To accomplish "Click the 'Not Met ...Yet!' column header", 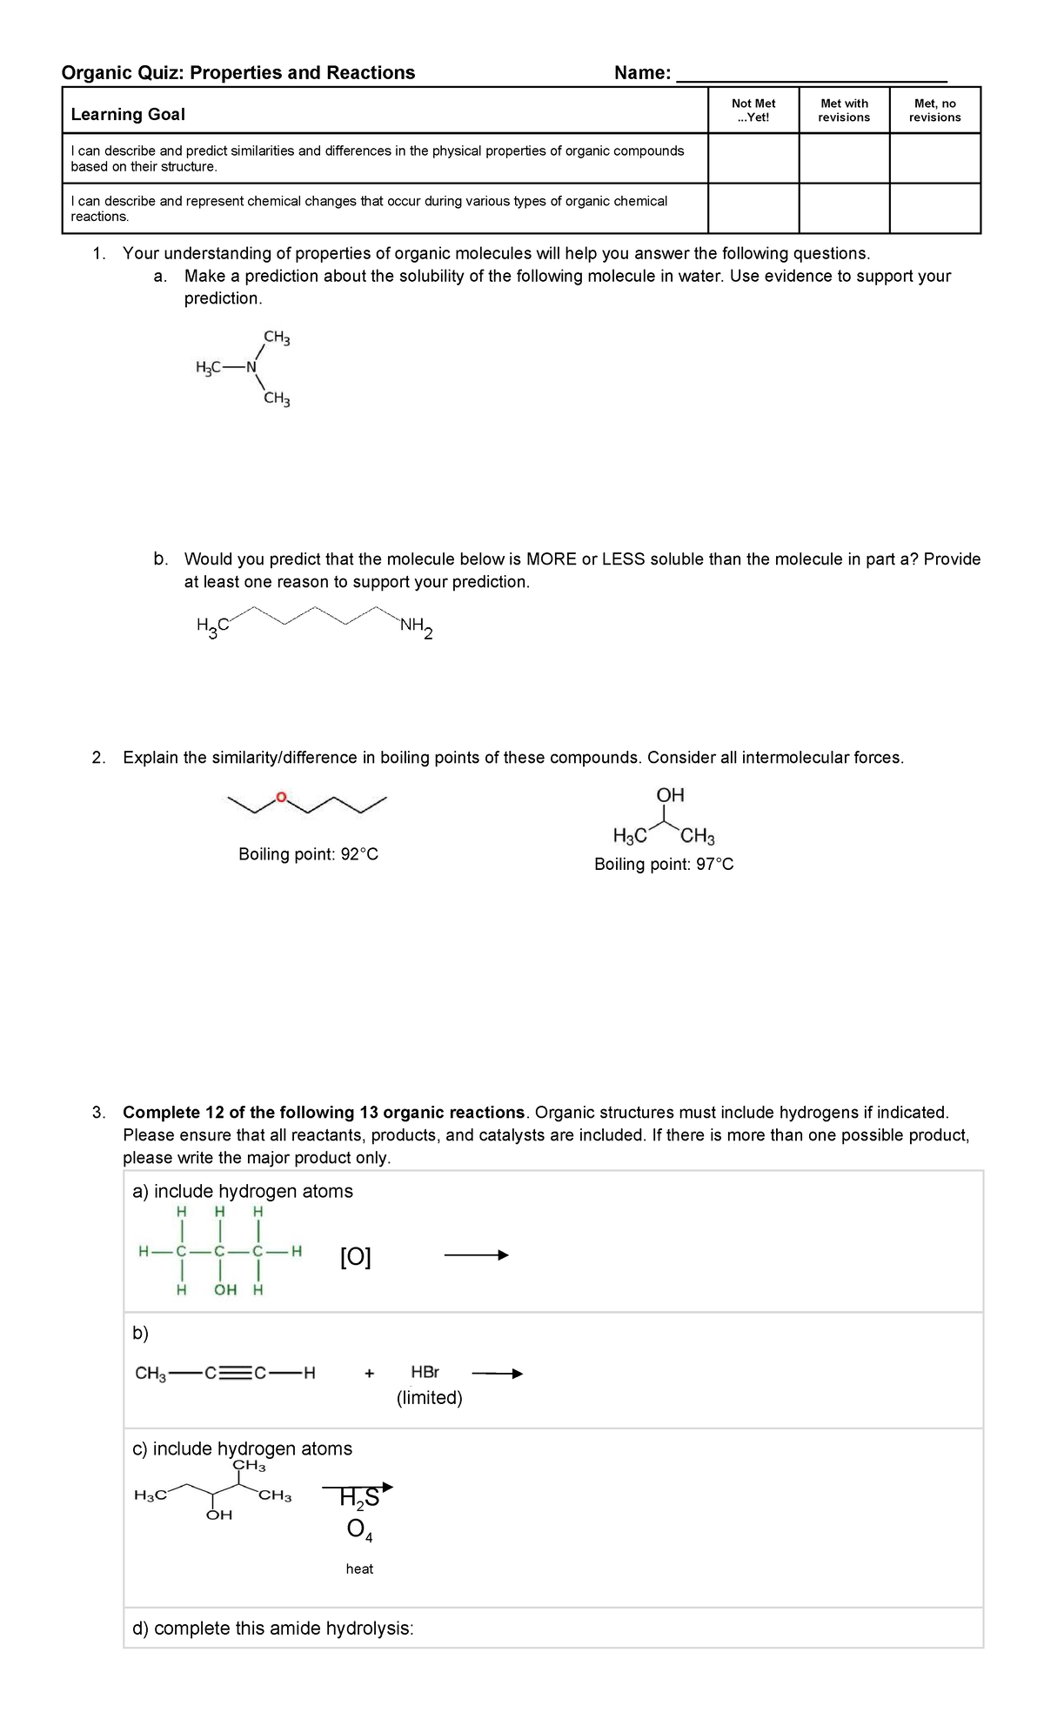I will pyautogui.click(x=753, y=110).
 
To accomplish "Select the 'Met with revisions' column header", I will pyautogui.click(x=844, y=110).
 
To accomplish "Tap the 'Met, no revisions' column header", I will pyautogui.click(x=935, y=110).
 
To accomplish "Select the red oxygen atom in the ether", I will pyautogui.click(x=280, y=796).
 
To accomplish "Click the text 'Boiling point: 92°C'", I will pyautogui.click(x=308, y=854).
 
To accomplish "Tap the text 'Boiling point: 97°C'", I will pyautogui.click(x=663, y=864).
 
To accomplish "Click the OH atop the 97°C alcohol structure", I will pyautogui.click(x=670, y=794).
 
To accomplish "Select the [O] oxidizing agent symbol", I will pyautogui.click(x=355, y=1257).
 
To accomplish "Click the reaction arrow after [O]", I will pyautogui.click(x=475, y=1254).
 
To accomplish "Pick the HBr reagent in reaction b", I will pyautogui.click(x=425, y=1373).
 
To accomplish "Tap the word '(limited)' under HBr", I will pyautogui.click(x=429, y=1398).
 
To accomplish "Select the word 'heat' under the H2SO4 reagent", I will pyautogui.click(x=359, y=1569).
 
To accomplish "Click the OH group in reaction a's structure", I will pyautogui.click(x=224, y=1289).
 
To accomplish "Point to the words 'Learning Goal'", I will pyautogui.click(x=128, y=114).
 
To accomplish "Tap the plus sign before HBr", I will pyautogui.click(x=369, y=1374).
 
